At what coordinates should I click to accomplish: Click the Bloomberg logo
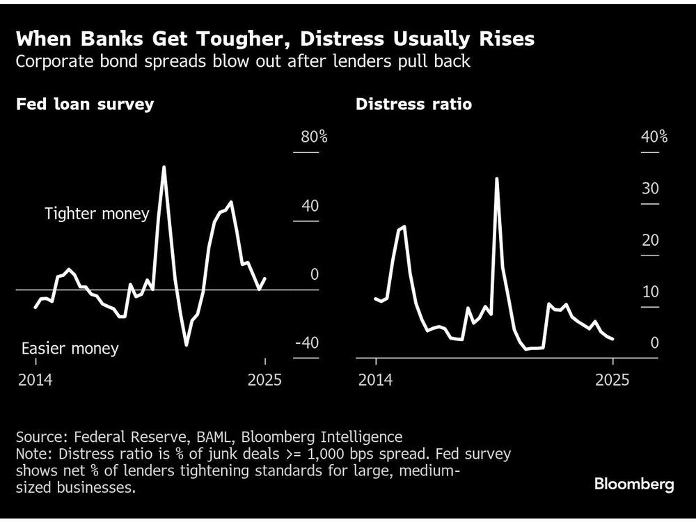(633, 484)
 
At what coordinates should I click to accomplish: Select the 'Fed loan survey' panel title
(85, 104)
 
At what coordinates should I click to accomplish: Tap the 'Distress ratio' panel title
(413, 104)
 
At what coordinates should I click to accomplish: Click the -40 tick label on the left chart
(306, 343)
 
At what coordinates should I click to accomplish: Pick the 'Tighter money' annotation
(97, 214)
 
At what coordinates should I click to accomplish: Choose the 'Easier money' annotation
(70, 349)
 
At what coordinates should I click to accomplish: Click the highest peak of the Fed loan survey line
(164, 167)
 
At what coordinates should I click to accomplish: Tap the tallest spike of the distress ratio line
(497, 178)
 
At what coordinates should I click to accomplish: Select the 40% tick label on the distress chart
(654, 136)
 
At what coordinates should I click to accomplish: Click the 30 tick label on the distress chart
(650, 189)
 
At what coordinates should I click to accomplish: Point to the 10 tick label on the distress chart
(650, 292)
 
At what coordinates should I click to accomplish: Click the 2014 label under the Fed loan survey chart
(36, 380)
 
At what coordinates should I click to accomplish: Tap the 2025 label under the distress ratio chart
(612, 380)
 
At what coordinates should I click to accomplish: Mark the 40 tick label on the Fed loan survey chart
(309, 206)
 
